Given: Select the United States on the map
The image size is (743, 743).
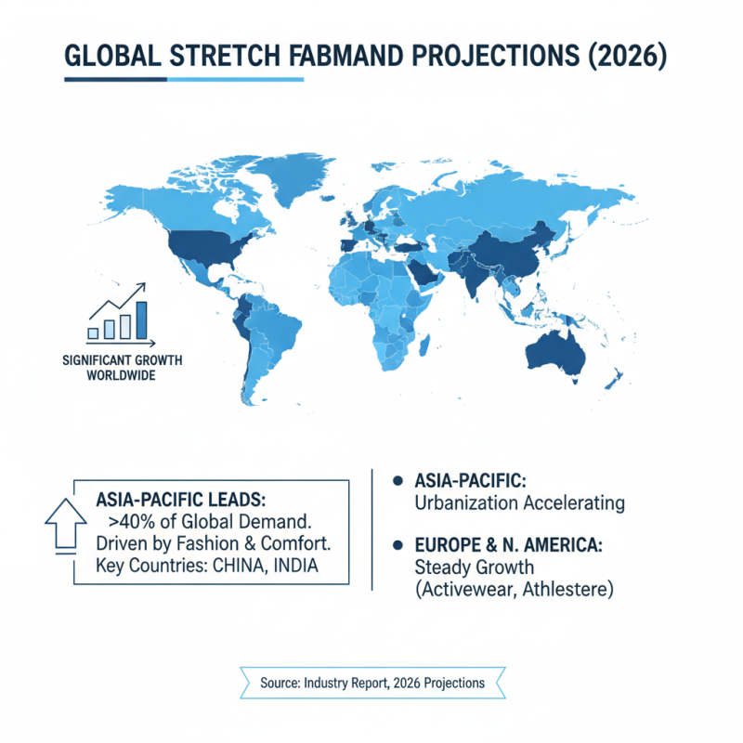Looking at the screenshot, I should click(204, 244).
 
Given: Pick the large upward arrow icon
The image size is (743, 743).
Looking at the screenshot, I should click(63, 525).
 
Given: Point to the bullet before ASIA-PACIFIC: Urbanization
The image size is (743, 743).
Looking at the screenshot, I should click(398, 481).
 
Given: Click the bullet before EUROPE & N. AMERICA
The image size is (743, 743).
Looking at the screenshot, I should click(398, 544).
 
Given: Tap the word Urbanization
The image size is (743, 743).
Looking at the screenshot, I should click(469, 503).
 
